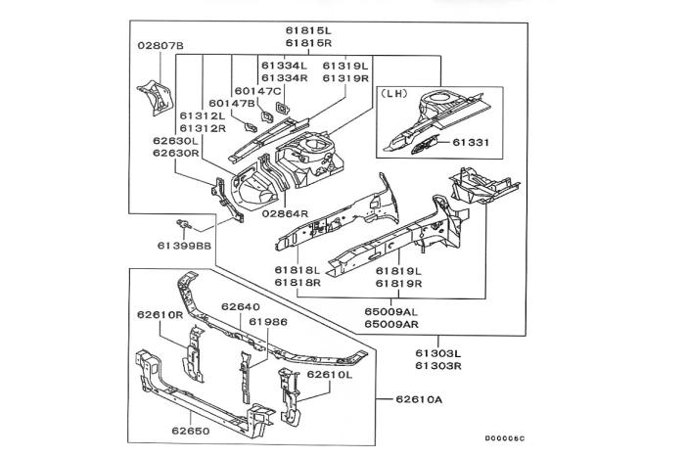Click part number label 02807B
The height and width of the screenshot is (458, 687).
click(160, 47)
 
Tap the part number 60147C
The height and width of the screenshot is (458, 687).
click(258, 90)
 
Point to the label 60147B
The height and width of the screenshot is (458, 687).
click(231, 103)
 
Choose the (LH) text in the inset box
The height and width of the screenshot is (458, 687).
click(395, 96)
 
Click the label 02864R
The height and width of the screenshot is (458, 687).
click(285, 212)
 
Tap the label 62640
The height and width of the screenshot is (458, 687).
click(240, 306)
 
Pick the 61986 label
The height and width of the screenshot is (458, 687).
click(267, 321)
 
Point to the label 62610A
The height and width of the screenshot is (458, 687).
click(421, 399)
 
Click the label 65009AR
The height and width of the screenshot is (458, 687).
click(392, 323)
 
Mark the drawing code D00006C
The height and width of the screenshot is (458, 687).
click(504, 438)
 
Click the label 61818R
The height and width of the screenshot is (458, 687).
click(298, 282)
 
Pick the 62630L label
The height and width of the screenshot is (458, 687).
click(176, 141)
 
